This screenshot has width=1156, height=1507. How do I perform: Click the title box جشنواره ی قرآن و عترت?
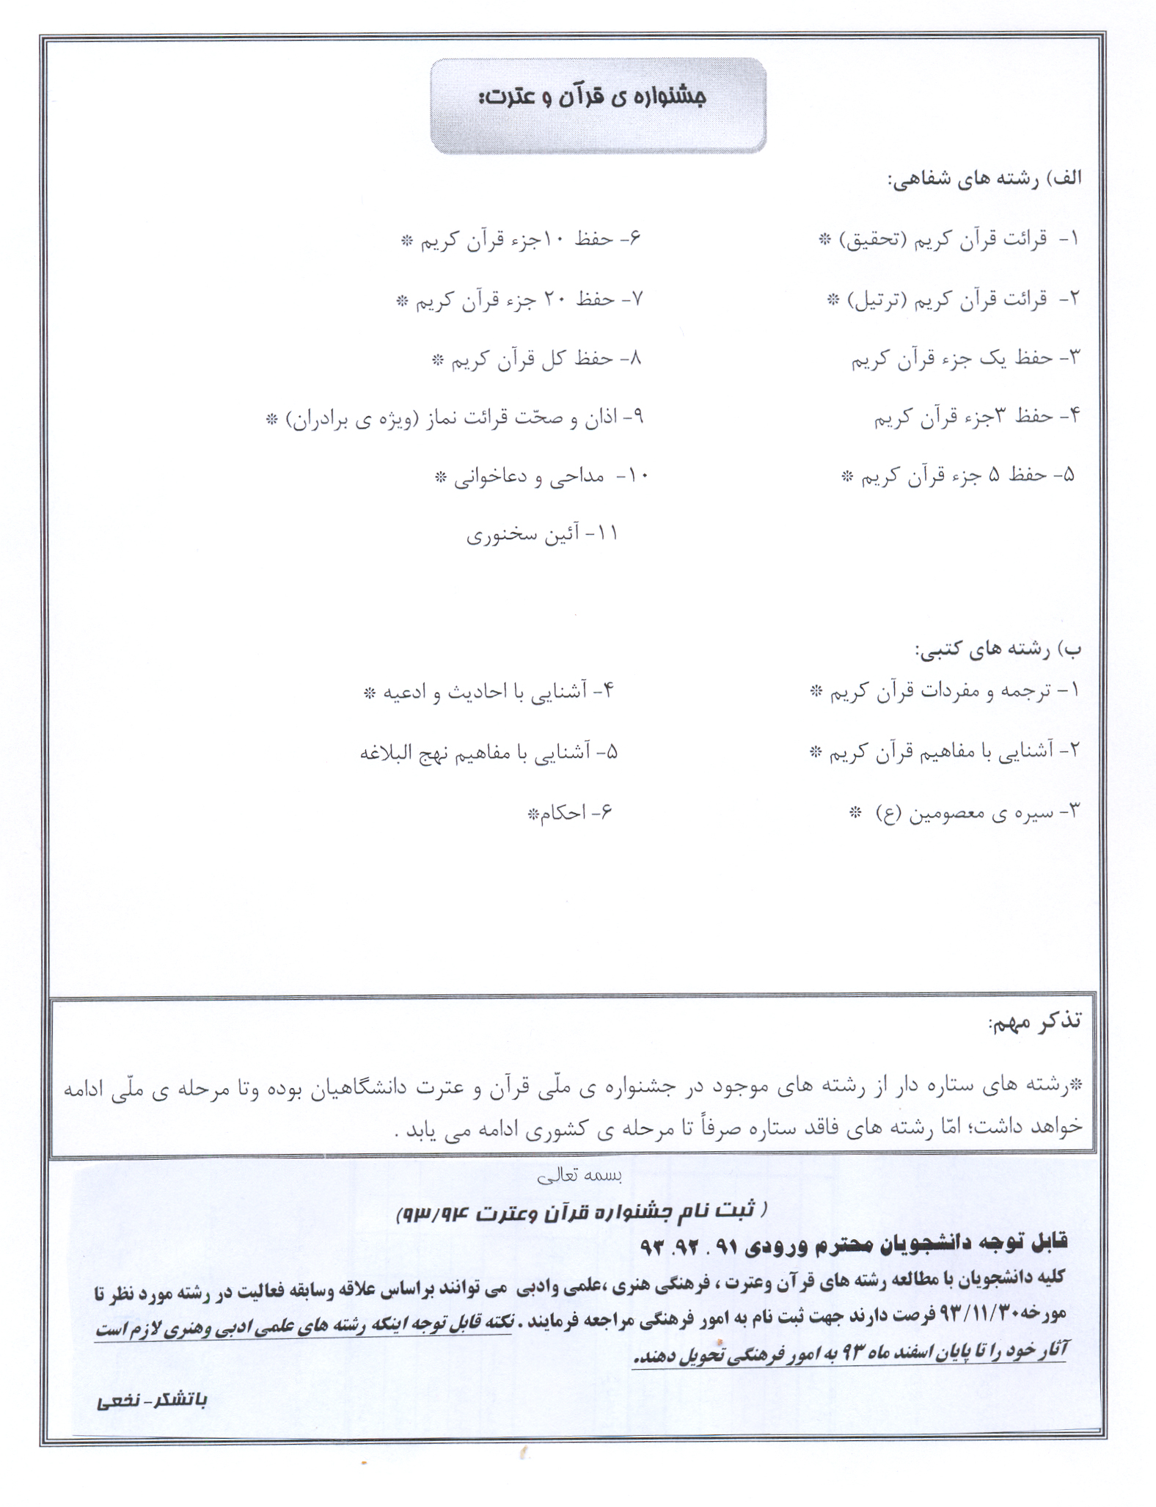(x=598, y=106)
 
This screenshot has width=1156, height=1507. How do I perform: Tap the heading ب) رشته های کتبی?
(x=998, y=649)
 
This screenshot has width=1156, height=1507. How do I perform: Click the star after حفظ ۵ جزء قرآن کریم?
(x=848, y=476)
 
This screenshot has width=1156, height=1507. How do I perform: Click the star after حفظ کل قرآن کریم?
(x=438, y=360)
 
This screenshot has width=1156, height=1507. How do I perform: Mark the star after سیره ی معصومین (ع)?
(x=855, y=812)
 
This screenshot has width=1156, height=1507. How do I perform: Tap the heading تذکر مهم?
(x=1034, y=1022)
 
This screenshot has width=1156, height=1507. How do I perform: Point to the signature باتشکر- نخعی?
(x=152, y=1400)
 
